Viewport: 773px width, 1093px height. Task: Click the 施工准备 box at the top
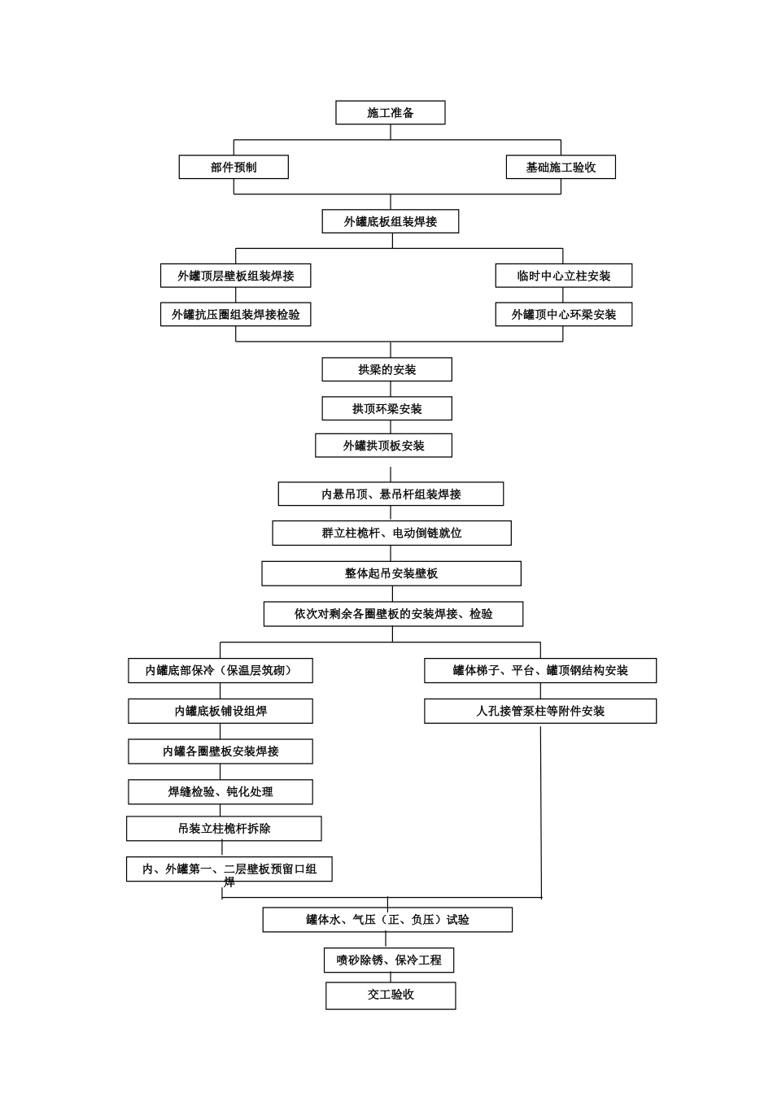tap(390, 113)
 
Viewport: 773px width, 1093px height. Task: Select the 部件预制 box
tap(234, 168)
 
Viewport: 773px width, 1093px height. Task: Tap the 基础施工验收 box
tap(561, 168)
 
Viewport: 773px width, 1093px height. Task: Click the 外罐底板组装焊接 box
tap(390, 221)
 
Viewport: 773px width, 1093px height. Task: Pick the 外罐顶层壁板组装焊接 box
tap(235, 276)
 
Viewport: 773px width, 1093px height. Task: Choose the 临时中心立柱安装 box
tap(563, 276)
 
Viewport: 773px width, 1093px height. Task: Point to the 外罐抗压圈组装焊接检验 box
tap(235, 315)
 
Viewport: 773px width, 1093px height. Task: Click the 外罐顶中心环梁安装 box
tap(563, 315)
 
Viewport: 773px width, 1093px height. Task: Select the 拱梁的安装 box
tap(386, 370)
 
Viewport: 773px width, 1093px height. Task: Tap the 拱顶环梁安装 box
tap(386, 409)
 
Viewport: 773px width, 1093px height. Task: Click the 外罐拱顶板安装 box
tap(383, 446)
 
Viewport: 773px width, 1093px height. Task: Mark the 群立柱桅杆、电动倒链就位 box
tap(391, 533)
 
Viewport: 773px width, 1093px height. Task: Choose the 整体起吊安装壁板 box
tap(391, 573)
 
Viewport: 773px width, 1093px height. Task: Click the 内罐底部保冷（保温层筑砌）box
tap(220, 671)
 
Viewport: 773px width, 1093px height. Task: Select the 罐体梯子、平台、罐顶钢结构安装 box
tap(540, 671)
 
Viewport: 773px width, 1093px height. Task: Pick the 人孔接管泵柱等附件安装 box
tap(540, 712)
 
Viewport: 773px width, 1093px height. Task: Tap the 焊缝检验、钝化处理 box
tap(220, 792)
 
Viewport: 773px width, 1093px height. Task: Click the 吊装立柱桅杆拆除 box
tap(224, 829)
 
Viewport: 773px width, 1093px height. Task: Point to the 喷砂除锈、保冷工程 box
tap(389, 960)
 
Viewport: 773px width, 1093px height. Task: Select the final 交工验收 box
tap(391, 995)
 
